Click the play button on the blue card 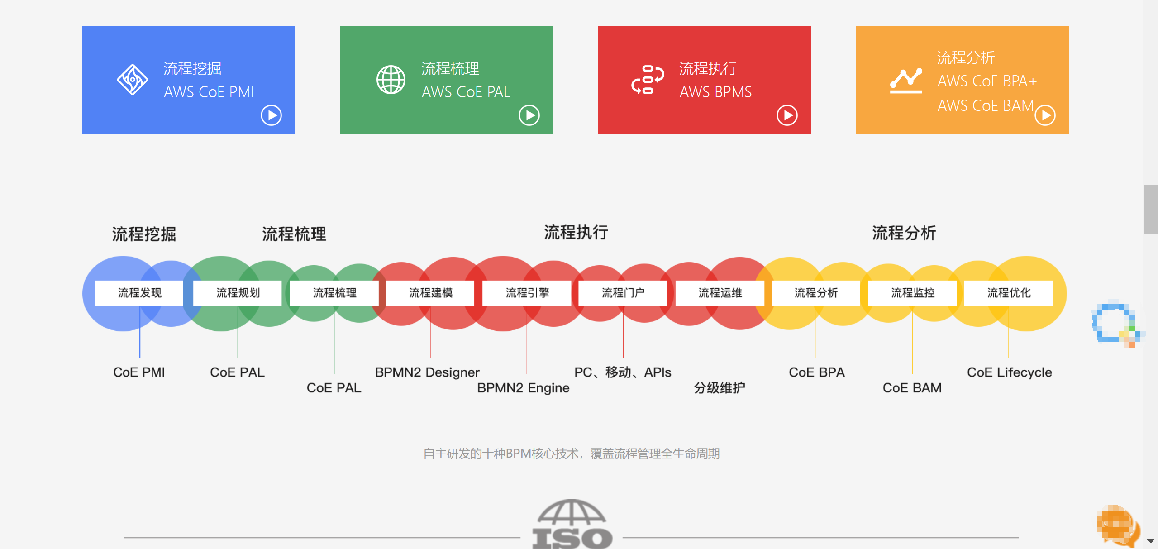pos(271,115)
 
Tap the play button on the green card pos(529,115)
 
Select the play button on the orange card pos(1045,115)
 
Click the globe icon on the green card pos(391,80)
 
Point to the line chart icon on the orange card pos(906,81)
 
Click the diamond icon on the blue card pos(133,80)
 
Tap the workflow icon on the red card pos(648,80)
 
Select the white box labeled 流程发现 pos(139,293)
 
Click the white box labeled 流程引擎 pos(527,293)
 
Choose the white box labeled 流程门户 pos(623,293)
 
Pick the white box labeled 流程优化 pos(1009,293)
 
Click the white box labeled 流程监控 pos(912,293)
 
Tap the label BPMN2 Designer pos(427,372)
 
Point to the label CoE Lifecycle pos(1009,372)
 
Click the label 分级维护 pos(720,388)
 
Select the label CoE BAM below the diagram pos(912,388)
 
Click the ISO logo pos(572,525)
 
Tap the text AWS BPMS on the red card pos(715,92)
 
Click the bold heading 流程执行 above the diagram pos(576,233)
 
